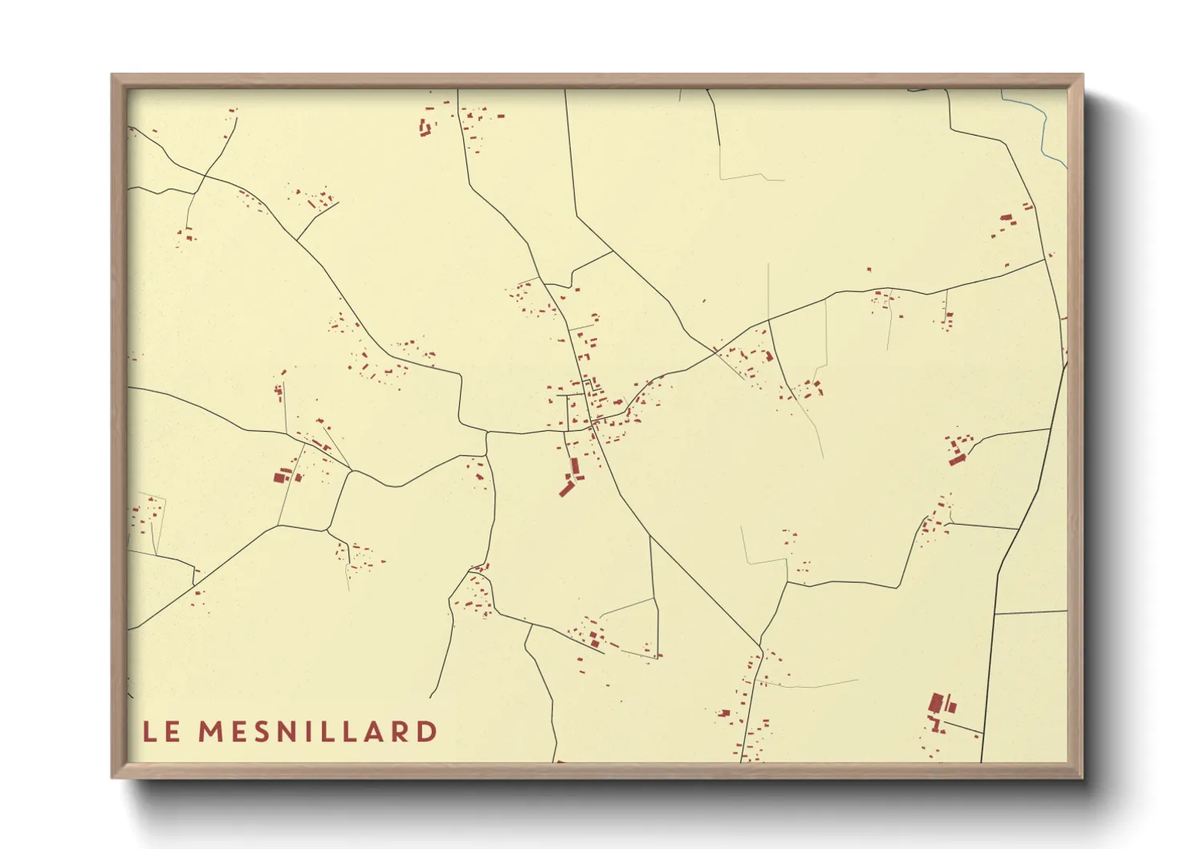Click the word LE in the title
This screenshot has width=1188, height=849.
(161, 732)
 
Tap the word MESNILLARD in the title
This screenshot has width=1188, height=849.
(318, 732)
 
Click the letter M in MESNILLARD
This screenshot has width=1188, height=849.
(211, 732)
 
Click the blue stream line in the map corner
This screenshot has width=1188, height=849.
(1044, 128)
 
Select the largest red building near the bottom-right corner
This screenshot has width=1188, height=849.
(935, 703)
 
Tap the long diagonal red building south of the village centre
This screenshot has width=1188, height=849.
(567, 487)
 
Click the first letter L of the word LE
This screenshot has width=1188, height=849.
(150, 732)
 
